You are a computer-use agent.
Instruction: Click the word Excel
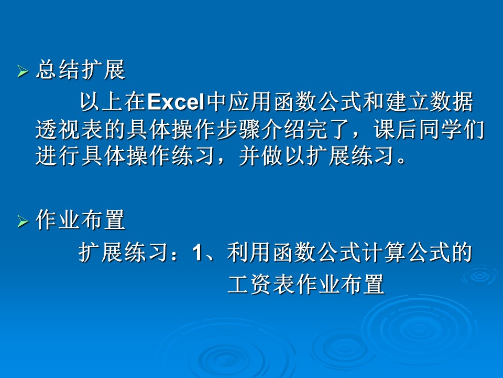pos(176,102)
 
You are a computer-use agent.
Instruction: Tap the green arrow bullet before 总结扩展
pos(23,71)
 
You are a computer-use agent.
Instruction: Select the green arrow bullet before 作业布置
pos(23,222)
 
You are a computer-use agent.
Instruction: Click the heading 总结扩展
pos(81,70)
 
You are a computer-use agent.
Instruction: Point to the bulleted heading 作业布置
pos(81,220)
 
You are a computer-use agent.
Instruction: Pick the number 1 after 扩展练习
pos(197,251)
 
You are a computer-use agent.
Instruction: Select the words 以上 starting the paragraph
pos(102,102)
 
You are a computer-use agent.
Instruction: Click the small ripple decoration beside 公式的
pos(479,276)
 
